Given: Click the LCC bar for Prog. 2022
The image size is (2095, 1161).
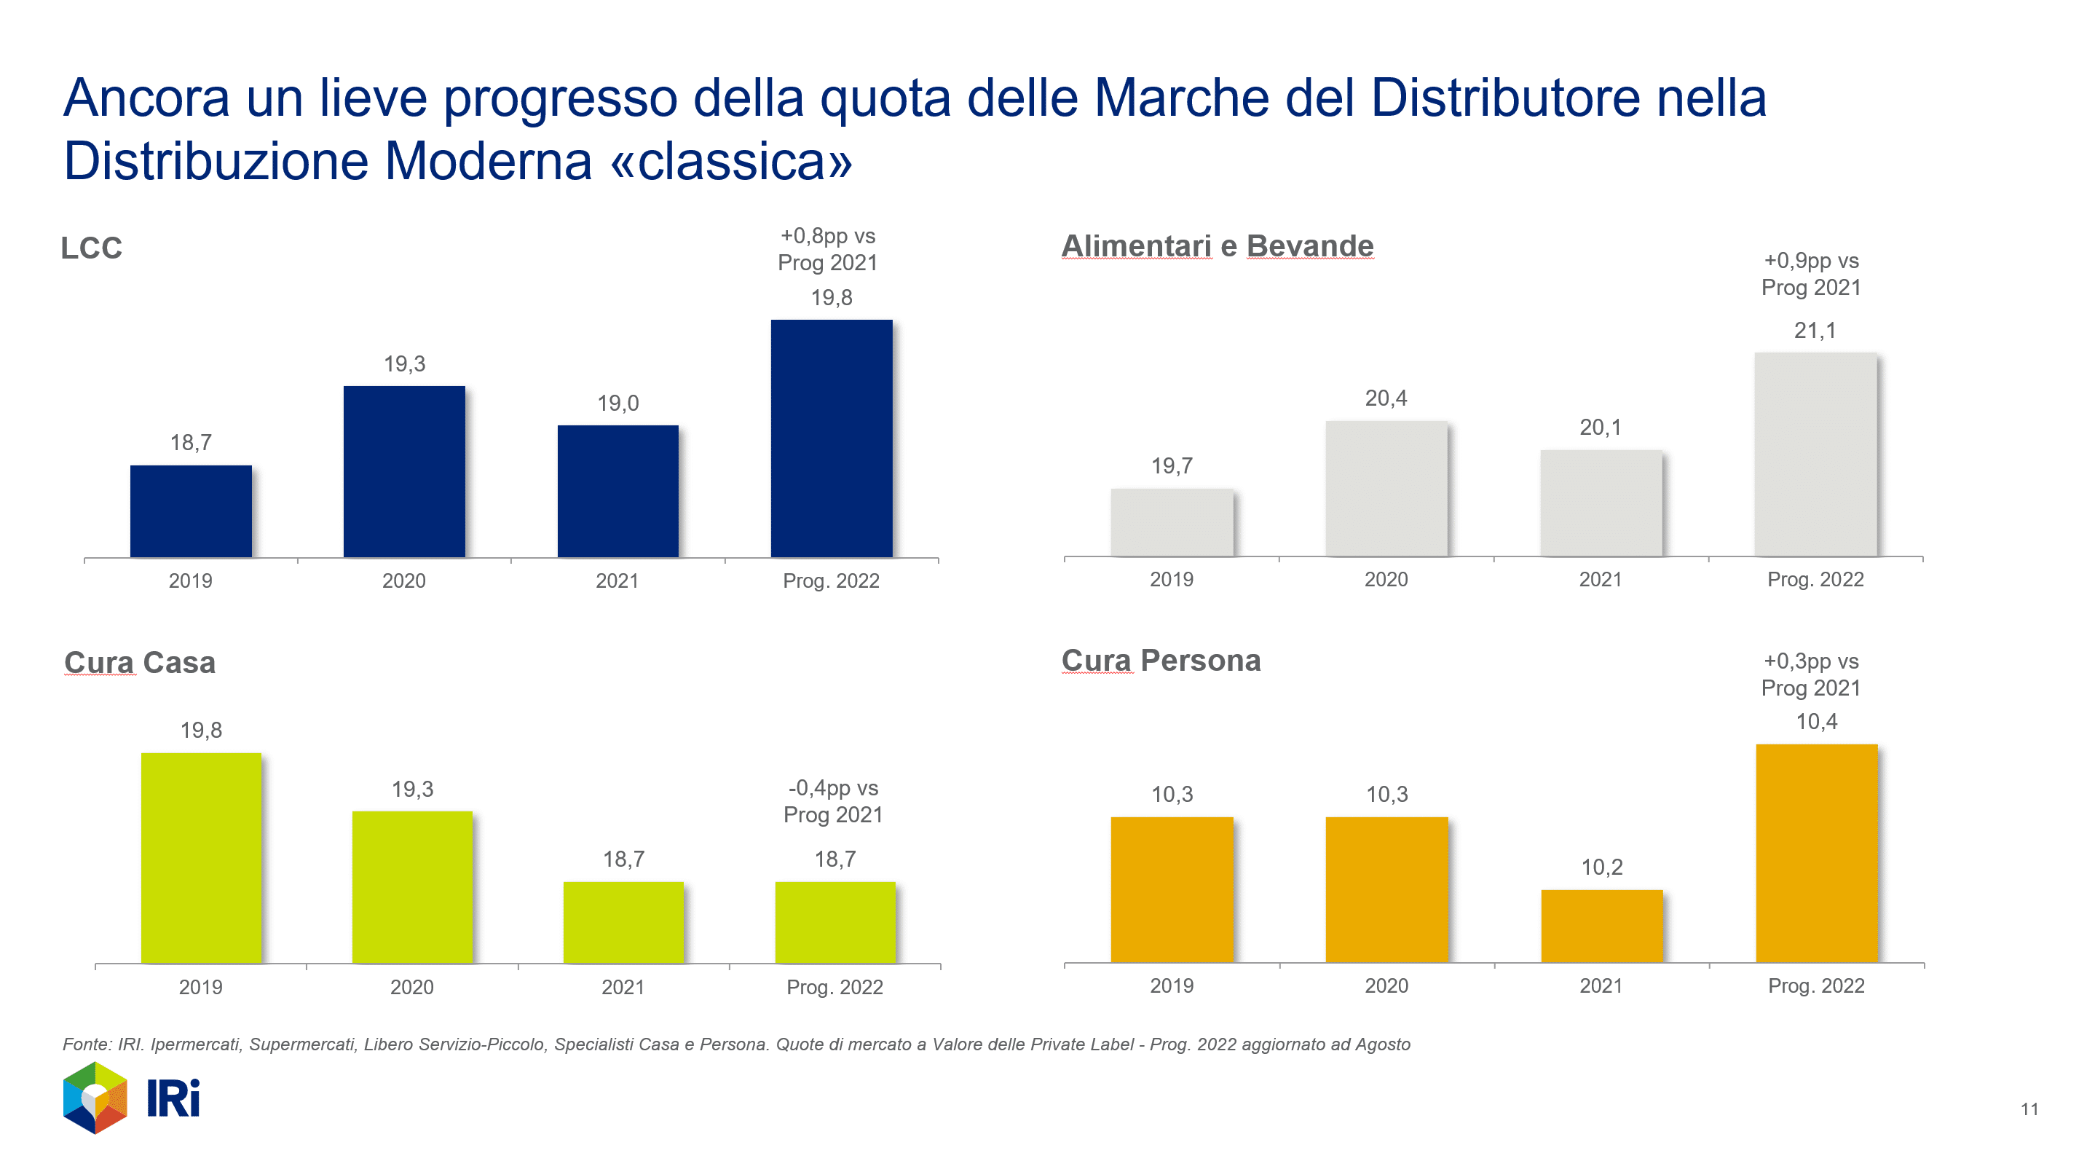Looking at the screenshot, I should point(831,438).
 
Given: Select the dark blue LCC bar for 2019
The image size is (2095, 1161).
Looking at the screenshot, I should point(190,511).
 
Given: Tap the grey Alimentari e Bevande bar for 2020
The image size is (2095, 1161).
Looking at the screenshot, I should point(1386,488).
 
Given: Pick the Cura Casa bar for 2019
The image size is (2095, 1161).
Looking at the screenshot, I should point(201,857).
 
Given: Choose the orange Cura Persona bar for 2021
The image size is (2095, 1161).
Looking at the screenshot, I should point(1601,926).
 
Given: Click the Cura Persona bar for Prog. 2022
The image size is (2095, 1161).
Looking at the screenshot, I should point(1816,853).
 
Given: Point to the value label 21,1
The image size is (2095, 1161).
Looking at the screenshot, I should point(1815,331).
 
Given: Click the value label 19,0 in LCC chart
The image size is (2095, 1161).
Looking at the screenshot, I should point(618,403).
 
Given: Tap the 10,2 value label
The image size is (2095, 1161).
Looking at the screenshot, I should point(1601,867).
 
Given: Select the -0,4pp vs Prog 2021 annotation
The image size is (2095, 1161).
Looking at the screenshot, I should point(833,801).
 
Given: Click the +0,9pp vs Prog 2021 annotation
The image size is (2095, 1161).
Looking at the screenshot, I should point(1810,274).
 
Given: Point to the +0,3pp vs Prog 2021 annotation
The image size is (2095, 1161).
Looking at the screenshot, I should point(1810,674).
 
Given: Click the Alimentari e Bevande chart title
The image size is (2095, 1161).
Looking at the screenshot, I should point(1218,245).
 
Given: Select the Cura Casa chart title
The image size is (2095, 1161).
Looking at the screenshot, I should point(140,662).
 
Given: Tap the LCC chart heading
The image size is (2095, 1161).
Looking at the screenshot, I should point(91,248).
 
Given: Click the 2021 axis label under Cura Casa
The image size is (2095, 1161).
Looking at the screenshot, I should point(623,987).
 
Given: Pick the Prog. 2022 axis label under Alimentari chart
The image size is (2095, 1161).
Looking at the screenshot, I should point(1815,579).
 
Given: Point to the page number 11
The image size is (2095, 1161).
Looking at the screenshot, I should point(2029,1109).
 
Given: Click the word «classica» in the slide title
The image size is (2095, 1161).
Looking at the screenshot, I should point(731,161).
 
